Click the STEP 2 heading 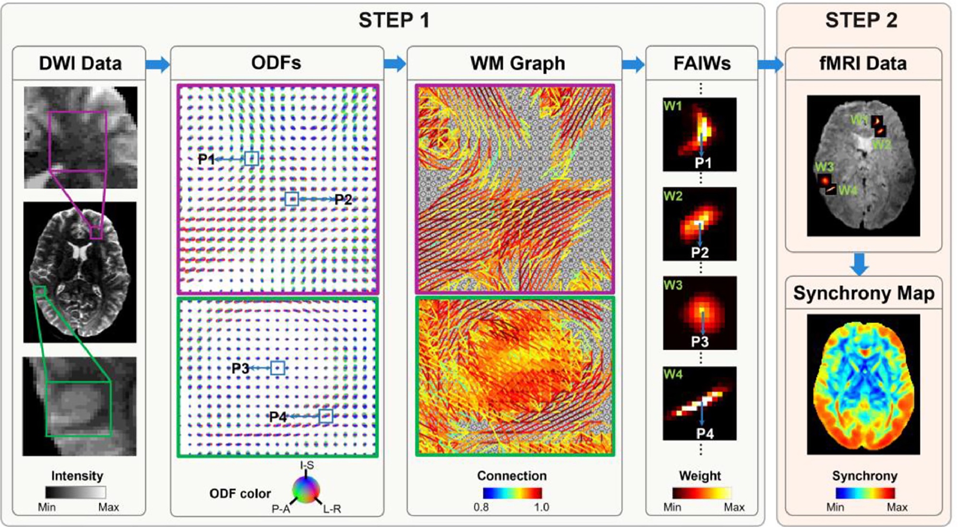coord(861,20)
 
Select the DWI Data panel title coord(80,63)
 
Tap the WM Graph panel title coord(517,63)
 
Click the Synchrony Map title coord(864,293)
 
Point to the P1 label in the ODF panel coord(206,159)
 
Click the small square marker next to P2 coord(291,199)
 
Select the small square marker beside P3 coord(277,368)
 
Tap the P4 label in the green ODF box coord(278,417)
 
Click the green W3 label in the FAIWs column coord(672,285)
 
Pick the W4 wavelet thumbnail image coord(699,404)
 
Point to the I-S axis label coord(307,465)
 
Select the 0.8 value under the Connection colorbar coord(481,507)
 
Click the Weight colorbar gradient coord(702,493)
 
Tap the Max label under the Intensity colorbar coord(108,507)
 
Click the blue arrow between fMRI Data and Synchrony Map coord(859,264)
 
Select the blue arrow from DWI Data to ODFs coord(158,64)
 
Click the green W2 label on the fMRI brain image coord(881,144)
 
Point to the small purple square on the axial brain coord(96,232)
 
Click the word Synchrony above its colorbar coord(864,476)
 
